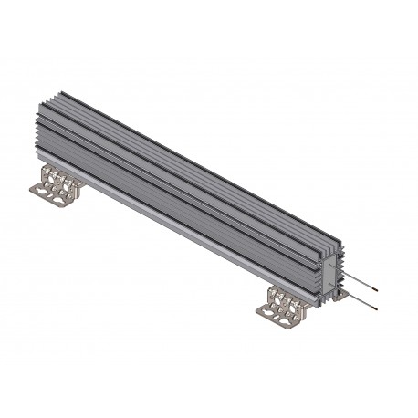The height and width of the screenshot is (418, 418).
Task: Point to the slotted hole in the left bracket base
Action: (x=44, y=190)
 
